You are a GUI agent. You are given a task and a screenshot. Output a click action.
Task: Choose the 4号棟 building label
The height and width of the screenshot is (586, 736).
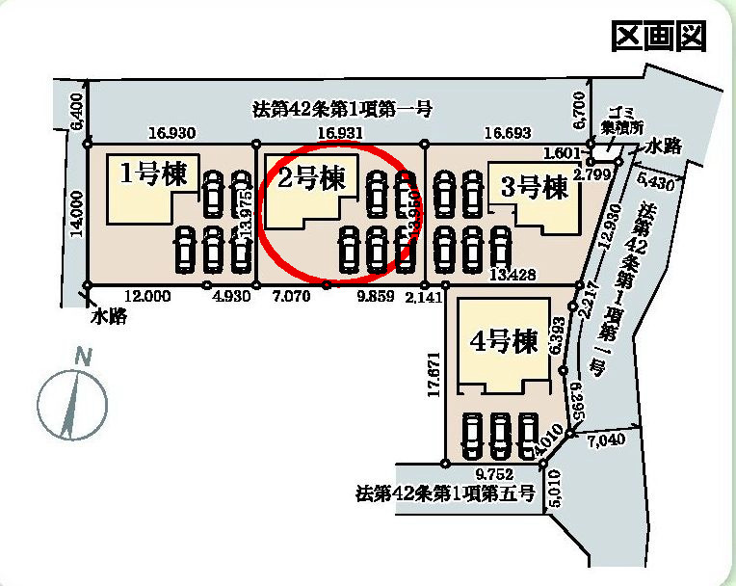(x=503, y=342)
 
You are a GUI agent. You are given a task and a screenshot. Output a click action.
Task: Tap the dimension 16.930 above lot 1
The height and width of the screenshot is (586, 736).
(x=172, y=133)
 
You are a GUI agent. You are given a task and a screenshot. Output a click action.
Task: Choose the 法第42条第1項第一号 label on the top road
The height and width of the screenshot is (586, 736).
(x=341, y=109)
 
